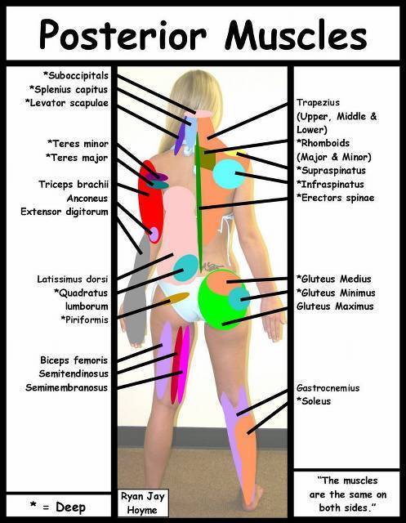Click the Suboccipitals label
click(x=76, y=75)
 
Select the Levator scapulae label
click(x=67, y=103)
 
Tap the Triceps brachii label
click(x=74, y=184)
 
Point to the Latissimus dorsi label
click(x=73, y=279)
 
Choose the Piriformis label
click(x=85, y=320)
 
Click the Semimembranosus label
click(x=67, y=387)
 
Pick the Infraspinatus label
click(x=330, y=184)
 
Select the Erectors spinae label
click(x=335, y=198)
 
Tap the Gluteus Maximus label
click(x=335, y=306)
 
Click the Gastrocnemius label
click(x=328, y=388)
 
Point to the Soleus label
click(x=314, y=401)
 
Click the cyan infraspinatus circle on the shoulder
click(x=229, y=174)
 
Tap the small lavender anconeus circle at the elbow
click(x=154, y=235)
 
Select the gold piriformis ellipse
click(x=176, y=297)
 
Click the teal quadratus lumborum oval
click(x=185, y=267)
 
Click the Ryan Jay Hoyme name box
click(x=143, y=503)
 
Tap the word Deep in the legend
click(x=71, y=507)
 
